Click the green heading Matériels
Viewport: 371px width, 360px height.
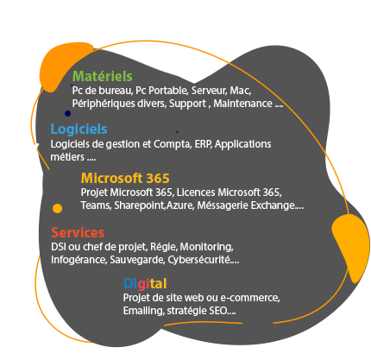point(102,76)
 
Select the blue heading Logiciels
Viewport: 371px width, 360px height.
point(79,129)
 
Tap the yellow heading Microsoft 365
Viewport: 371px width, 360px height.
point(125,178)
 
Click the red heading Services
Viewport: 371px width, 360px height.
point(78,232)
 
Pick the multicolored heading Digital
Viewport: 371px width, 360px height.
point(145,283)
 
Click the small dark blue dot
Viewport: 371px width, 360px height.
point(67,113)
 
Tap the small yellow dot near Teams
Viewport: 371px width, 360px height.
point(57,208)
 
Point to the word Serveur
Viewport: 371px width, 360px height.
point(210,91)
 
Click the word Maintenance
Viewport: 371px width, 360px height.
point(242,104)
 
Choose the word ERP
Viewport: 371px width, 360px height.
point(204,144)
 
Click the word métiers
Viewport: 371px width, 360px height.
point(67,157)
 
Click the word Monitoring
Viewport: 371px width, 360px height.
point(206,247)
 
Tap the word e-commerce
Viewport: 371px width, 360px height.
point(250,298)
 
